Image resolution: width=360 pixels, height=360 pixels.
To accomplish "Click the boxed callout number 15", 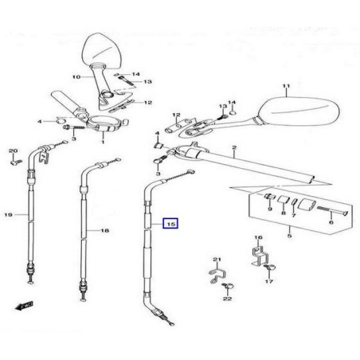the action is point(171,224).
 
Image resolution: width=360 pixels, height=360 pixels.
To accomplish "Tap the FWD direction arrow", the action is point(25,306).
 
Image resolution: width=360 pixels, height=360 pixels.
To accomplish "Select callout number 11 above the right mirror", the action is point(286,86).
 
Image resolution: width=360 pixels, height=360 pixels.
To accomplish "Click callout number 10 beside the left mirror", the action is point(76,77).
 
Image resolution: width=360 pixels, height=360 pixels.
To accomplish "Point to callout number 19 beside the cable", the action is point(9,214).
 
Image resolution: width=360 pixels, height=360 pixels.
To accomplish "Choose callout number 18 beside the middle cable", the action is point(105,230).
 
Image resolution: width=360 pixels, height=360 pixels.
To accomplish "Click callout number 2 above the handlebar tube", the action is point(234,147).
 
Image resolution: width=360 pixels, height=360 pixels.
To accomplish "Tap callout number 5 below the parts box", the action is point(289,236).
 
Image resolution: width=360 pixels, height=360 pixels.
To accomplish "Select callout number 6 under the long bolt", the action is point(331,222).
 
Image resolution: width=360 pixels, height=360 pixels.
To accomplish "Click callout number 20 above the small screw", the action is point(13,151).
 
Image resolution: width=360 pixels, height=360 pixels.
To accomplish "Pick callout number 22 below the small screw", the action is point(227,299).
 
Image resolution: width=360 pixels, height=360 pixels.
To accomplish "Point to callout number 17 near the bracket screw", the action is point(269,281).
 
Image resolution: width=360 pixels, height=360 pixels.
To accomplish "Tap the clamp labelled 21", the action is point(217,276).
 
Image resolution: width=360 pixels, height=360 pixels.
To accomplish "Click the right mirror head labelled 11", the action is point(299,111).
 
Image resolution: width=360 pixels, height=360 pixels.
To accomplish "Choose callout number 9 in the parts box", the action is point(270,209).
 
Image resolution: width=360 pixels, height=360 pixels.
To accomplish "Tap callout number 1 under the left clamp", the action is point(103,142).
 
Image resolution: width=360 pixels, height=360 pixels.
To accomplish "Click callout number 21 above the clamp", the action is point(217,260).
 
